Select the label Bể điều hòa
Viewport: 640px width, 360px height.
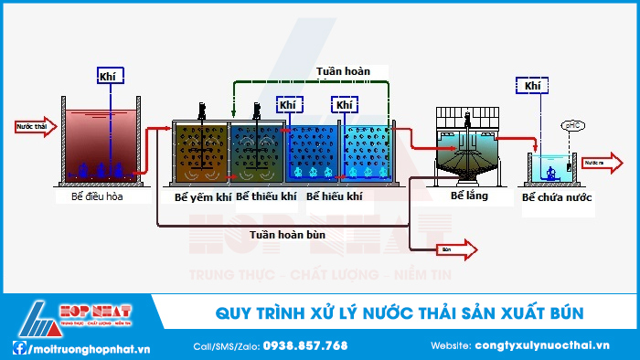(97, 196)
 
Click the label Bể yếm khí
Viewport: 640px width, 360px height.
(202, 196)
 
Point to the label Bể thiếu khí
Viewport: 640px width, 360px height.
(266, 196)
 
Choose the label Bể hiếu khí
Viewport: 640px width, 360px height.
(328, 196)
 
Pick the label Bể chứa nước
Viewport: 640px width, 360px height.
(557, 196)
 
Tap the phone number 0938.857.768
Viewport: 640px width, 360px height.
(305, 345)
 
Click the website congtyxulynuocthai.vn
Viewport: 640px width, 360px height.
(542, 345)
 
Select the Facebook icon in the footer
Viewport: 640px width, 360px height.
(19, 347)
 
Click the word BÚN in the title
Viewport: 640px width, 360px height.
(563, 314)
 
